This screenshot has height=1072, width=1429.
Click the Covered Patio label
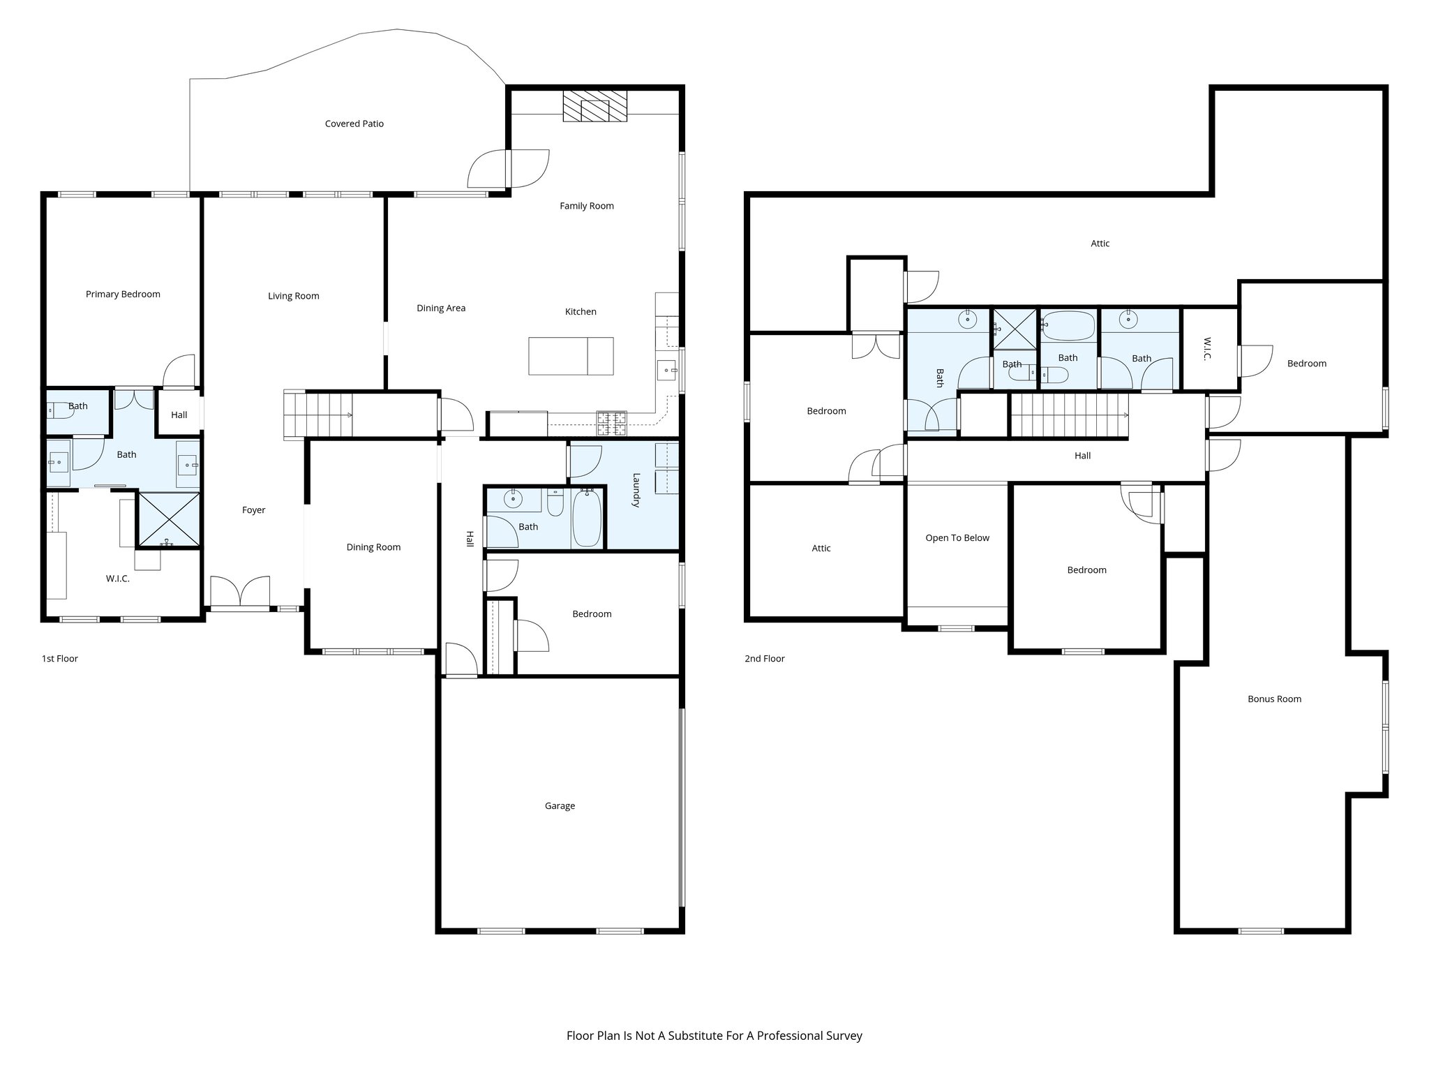[354, 124]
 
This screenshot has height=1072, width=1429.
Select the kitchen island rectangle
[571, 356]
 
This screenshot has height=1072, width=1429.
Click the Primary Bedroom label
[123, 294]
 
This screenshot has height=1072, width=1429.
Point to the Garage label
[560, 805]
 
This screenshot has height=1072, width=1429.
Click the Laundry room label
[636, 490]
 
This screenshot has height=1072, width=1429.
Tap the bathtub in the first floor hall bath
[586, 518]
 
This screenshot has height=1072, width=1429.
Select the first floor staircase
[318, 415]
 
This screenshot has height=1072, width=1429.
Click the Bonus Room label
[1274, 699]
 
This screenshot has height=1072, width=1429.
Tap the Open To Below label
[957, 537]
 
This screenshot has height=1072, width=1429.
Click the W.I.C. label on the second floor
[1208, 349]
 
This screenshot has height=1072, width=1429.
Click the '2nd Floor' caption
[764, 658]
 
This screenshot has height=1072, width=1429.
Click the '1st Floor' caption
[60, 658]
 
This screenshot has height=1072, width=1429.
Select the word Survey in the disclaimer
[845, 1036]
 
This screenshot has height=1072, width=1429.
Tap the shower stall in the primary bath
[168, 520]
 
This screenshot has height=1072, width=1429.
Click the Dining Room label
[373, 547]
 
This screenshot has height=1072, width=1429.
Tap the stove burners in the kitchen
[611, 419]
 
